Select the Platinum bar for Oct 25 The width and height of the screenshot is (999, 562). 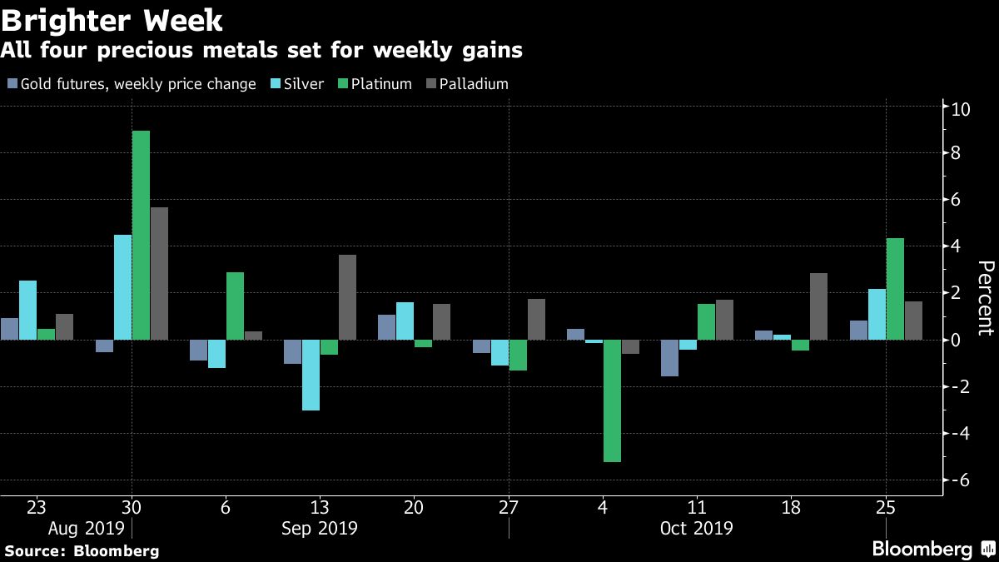click(x=895, y=289)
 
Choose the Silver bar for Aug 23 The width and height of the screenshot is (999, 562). click(x=27, y=310)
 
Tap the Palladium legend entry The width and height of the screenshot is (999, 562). click(x=467, y=84)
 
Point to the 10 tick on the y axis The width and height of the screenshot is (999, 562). click(x=962, y=107)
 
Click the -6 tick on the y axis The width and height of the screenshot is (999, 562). click(x=962, y=480)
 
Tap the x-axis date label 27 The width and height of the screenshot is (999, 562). click(x=508, y=507)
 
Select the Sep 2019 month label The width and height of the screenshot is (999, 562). click(x=319, y=528)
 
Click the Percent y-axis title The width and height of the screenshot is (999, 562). click(x=985, y=297)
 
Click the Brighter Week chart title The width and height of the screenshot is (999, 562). click(x=112, y=19)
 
